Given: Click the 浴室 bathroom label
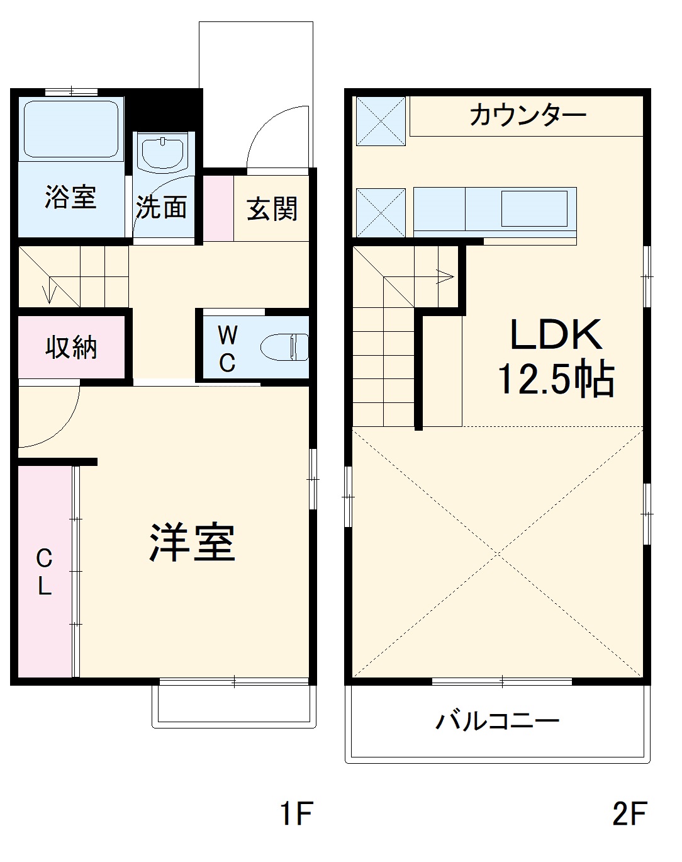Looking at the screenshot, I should [x=70, y=197].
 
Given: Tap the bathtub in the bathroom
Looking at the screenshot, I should [x=71, y=128].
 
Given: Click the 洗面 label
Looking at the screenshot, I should [x=162, y=207].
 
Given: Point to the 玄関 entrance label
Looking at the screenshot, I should [x=272, y=209].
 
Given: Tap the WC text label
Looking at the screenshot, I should [x=227, y=349].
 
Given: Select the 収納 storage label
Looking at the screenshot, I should [x=71, y=347].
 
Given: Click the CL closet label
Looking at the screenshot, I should [x=44, y=572].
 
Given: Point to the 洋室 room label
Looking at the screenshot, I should [x=193, y=542].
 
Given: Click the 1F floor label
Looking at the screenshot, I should [x=296, y=813].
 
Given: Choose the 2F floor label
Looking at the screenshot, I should [x=629, y=813].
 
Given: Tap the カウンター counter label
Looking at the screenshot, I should [x=527, y=115].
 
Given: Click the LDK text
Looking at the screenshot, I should [x=556, y=335].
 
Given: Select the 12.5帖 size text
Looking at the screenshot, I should [x=556, y=379].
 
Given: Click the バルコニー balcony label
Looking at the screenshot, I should [x=497, y=720].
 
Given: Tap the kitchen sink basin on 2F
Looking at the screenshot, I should [x=534, y=208].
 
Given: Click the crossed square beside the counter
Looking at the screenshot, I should [x=381, y=121].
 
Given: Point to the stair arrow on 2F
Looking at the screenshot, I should [x=445, y=276].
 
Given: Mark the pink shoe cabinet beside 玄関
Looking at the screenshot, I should [x=218, y=208].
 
